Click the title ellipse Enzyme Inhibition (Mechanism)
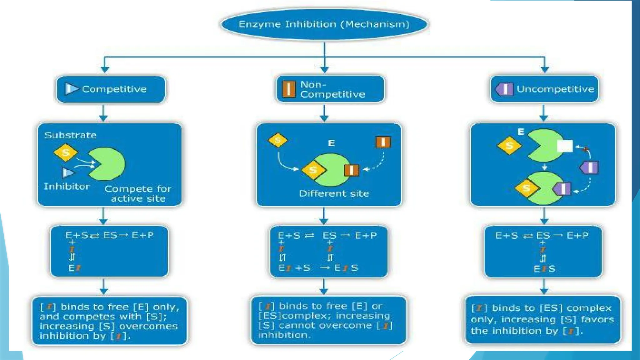coord(324,24)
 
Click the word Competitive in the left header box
coord(114,89)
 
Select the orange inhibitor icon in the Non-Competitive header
coord(289,89)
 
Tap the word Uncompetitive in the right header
coord(555,89)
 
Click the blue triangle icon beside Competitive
coord(71,89)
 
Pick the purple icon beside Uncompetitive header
coord(504,89)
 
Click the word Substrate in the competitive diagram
coord(71,135)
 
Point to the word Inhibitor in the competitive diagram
coord(67,187)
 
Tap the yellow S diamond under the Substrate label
coord(66,153)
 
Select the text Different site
coord(334,194)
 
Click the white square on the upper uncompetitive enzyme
coord(565,146)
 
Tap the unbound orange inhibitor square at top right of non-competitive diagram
coord(383,142)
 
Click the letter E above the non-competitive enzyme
coord(332,143)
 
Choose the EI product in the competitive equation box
coord(74,268)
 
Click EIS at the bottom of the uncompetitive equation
coord(544,269)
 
